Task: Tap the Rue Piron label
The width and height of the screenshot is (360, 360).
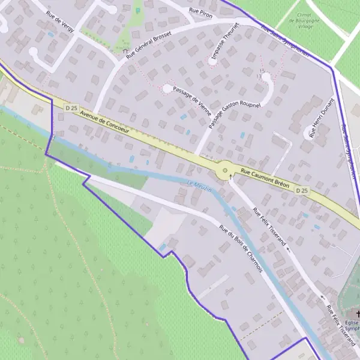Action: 201,11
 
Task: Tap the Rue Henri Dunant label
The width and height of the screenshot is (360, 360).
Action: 320,118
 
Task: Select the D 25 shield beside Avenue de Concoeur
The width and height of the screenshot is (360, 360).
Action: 71,108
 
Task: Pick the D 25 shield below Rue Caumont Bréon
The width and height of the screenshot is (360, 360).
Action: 302,190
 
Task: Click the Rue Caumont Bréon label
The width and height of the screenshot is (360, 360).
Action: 265,178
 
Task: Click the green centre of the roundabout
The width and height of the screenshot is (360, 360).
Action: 226,170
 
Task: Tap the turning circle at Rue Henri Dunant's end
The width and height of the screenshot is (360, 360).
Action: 310,130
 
